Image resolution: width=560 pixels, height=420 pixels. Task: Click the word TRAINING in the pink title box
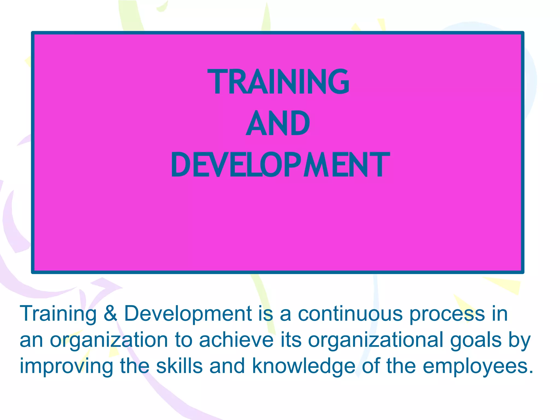[278, 81]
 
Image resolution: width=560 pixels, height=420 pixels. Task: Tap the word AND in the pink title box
[278, 123]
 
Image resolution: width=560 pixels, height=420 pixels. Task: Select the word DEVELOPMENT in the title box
[280, 165]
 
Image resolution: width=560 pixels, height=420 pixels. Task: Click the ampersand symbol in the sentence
[110, 314]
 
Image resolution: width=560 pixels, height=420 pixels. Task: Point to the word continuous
[350, 314]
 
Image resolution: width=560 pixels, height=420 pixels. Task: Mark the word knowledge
[304, 367]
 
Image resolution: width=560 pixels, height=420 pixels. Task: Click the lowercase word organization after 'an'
[109, 341]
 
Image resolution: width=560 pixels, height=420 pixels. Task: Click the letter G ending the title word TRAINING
[339, 81]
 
